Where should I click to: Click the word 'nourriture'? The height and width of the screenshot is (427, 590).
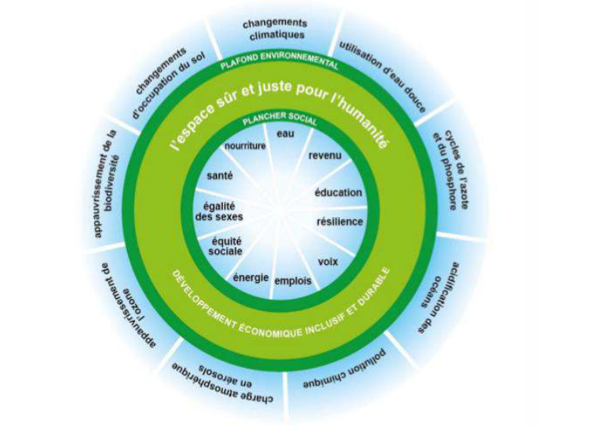point(245,146)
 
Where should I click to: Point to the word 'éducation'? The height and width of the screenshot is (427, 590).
point(338,192)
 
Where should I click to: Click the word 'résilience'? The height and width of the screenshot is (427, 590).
point(340,221)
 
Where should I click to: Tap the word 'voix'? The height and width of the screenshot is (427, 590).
point(328,261)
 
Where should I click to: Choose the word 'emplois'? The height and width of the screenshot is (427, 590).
point(294,280)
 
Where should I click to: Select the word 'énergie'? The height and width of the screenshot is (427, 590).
point(251,277)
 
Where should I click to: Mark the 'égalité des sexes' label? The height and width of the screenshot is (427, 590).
point(219,210)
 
